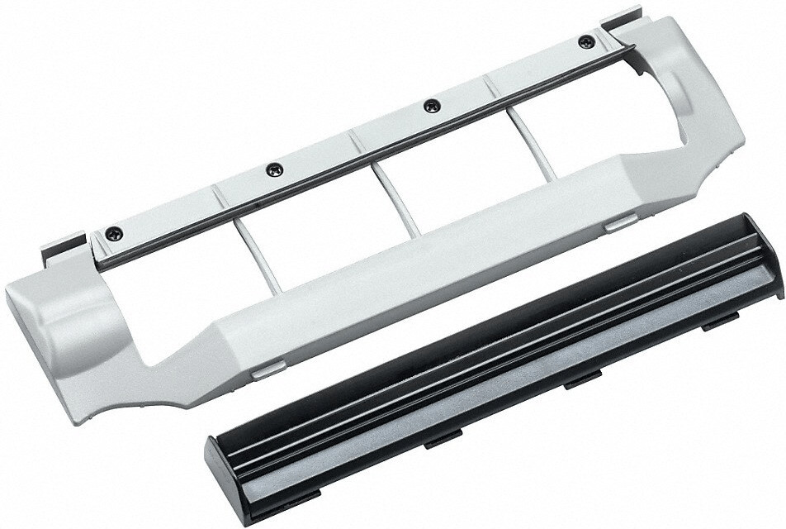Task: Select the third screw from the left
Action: pyautogui.click(x=429, y=105)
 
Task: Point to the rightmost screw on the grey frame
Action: pyautogui.click(x=586, y=41)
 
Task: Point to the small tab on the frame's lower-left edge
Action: pyautogui.click(x=263, y=373)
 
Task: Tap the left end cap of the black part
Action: pyautogui.click(x=223, y=472)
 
